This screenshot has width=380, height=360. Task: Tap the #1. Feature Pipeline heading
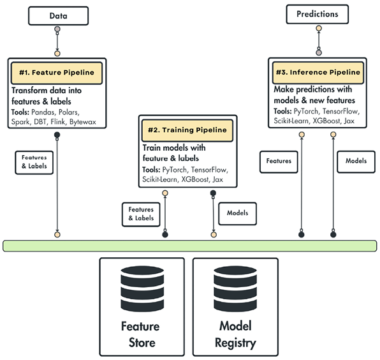tap(57, 72)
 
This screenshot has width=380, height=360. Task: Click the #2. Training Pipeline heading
tap(187, 130)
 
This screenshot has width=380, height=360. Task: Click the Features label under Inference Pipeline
tap(279, 161)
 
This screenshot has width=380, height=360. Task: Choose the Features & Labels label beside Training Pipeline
tap(141, 213)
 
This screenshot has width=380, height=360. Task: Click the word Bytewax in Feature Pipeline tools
tap(83, 121)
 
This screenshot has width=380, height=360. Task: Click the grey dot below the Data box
tap(57, 29)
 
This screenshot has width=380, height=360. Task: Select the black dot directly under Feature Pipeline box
tap(57, 134)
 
